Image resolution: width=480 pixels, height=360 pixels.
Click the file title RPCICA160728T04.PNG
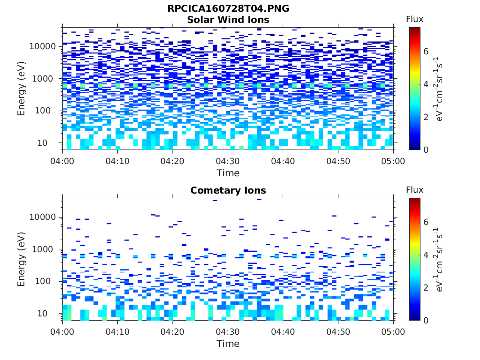tap(228, 9)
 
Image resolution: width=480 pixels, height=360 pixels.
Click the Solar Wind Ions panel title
tap(228, 20)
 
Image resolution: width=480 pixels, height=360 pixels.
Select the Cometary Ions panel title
tap(228, 190)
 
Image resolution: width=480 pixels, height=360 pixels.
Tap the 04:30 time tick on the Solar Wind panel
tap(228, 161)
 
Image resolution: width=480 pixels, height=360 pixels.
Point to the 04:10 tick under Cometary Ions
tap(118, 332)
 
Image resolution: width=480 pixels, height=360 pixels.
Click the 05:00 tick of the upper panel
tap(393, 161)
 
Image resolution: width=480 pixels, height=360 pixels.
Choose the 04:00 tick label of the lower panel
tap(62, 332)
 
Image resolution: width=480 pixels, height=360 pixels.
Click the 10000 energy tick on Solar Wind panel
tap(43, 46)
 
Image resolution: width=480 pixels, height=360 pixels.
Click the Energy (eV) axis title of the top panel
tap(22, 88)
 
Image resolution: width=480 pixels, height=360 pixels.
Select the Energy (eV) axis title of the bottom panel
tap(22, 259)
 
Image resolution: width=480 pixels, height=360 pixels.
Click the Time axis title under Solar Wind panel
tap(228, 173)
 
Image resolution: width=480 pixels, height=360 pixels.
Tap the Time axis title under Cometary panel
tap(228, 344)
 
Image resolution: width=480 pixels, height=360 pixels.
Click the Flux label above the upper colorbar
tap(414, 19)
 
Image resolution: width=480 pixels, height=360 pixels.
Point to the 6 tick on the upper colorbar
tap(426, 51)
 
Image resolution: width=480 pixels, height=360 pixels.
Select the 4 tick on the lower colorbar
tap(426, 255)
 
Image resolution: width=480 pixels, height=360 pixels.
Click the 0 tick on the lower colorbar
tap(426, 321)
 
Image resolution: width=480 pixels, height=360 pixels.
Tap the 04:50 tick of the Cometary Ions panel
tap(338, 332)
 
